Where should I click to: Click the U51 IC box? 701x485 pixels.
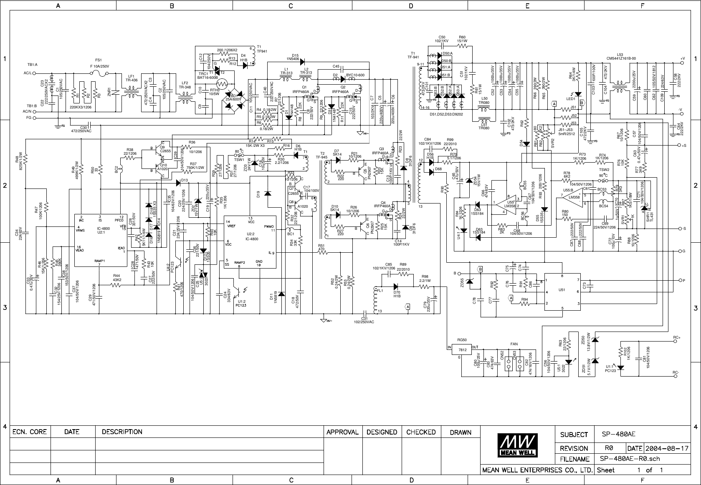click(x=562, y=292)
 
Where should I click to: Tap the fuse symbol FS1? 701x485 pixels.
click(x=99, y=73)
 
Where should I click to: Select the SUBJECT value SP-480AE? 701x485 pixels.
click(x=616, y=434)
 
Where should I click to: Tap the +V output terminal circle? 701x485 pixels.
click(x=683, y=63)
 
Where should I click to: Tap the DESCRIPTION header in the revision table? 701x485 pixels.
click(x=122, y=432)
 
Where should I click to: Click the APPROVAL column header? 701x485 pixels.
click(x=342, y=432)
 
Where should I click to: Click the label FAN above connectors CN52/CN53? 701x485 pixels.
click(x=514, y=344)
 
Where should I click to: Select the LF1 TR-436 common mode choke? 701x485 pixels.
click(x=132, y=92)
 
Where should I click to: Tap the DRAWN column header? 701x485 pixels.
click(x=460, y=432)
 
